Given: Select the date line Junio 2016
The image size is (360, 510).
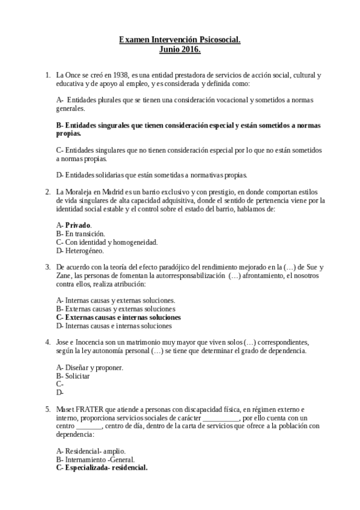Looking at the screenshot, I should [180, 49].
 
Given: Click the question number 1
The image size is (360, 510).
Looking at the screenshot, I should [47, 75].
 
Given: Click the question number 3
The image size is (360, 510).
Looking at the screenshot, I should [47, 266].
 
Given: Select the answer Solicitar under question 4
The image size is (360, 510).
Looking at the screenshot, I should [77, 375].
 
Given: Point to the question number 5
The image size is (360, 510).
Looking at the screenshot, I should [47, 409].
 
